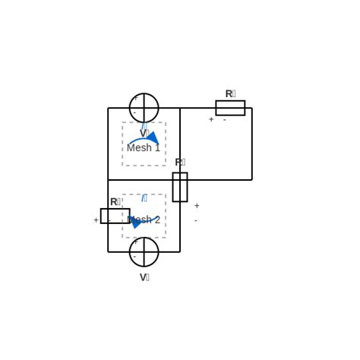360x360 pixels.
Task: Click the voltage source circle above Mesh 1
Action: [144, 108]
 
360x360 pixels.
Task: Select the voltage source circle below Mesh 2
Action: [144, 252]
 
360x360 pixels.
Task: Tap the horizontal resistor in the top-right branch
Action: [230, 108]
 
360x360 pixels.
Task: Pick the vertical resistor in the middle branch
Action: [180, 187]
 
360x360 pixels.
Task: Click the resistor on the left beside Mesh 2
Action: [115, 216]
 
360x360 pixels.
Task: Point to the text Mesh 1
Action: [144, 148]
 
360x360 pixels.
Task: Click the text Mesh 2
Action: [144, 220]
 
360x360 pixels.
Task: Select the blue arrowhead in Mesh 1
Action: [153, 138]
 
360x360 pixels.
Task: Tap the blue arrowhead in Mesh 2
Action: [135, 222]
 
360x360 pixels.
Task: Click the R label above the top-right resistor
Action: [230, 94]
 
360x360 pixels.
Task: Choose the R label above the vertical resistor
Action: [180, 163]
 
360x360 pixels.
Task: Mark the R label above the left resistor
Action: [115, 202]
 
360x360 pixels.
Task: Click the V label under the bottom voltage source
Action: [144, 278]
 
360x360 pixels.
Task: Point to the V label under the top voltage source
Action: [144, 134]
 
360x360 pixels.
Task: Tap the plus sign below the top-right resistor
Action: [211, 120]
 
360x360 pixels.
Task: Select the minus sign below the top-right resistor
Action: [225, 120]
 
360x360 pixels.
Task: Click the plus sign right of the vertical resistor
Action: [197, 206]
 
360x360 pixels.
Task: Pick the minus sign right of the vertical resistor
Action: [195, 221]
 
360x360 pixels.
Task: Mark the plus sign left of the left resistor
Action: [96, 220]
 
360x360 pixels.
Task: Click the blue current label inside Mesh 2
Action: [144, 198]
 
